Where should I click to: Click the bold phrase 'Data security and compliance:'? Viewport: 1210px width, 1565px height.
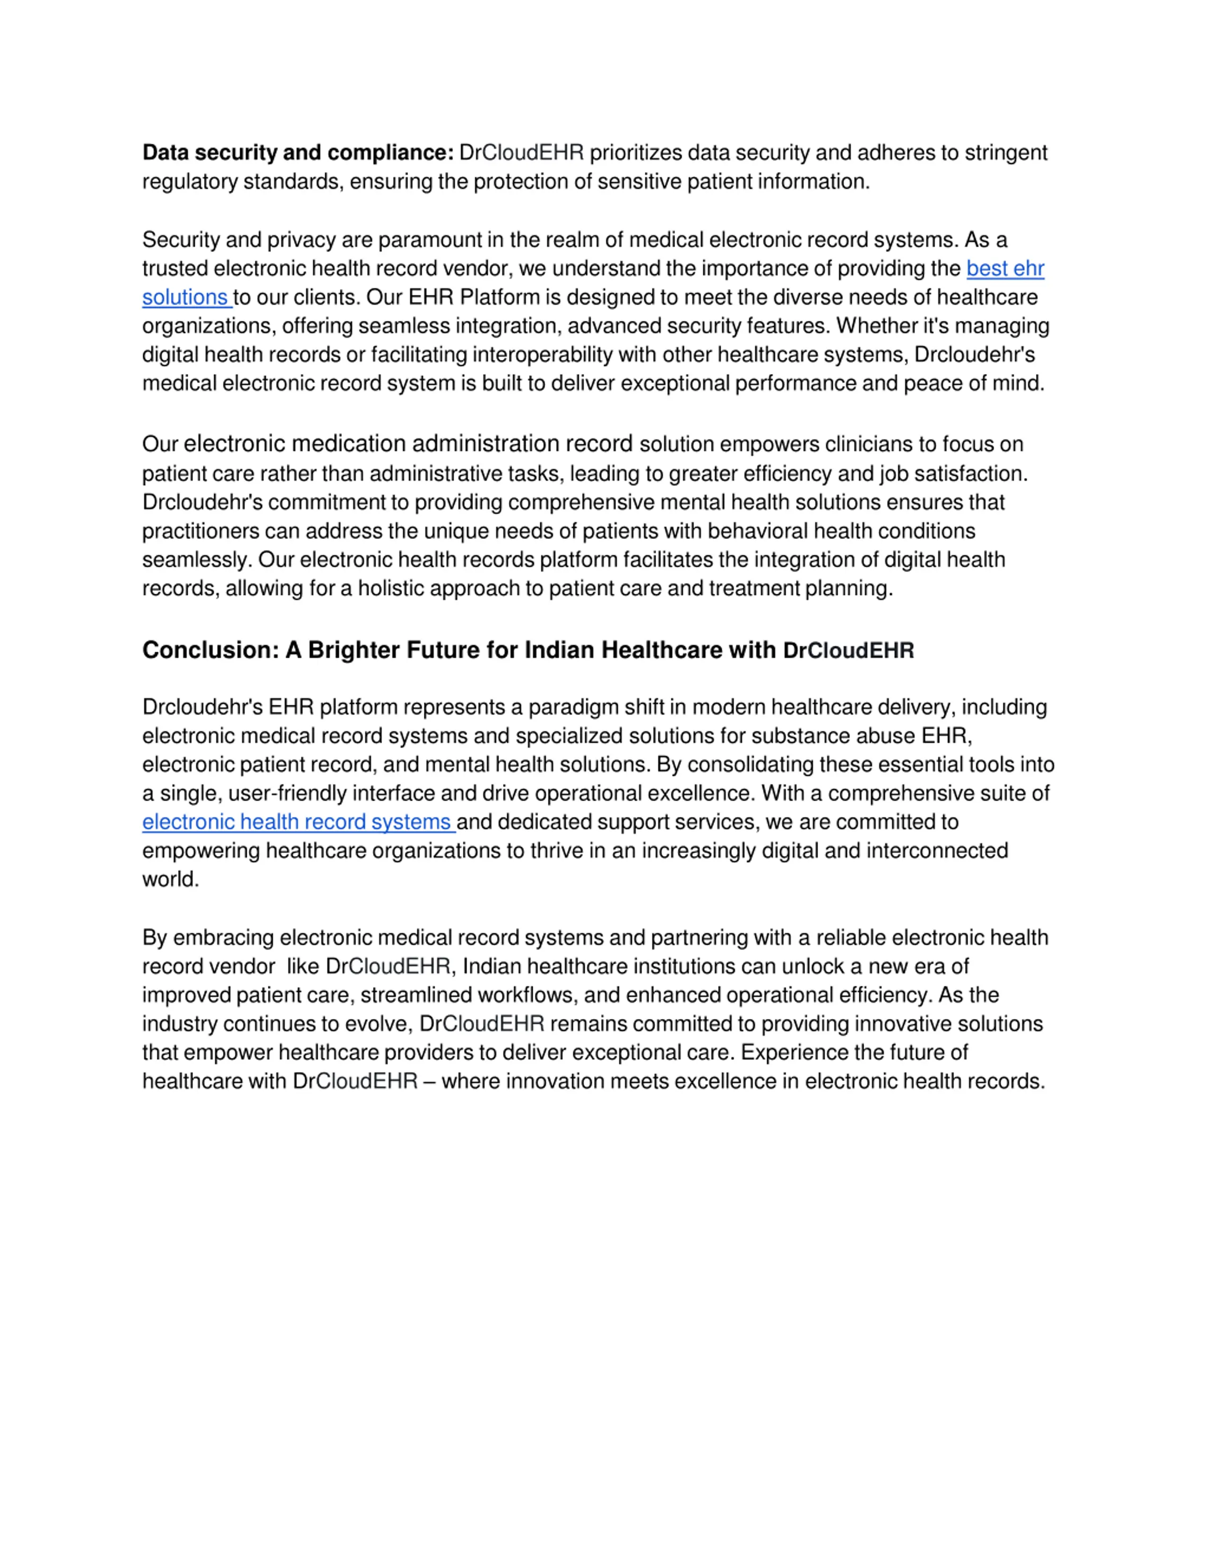(x=297, y=153)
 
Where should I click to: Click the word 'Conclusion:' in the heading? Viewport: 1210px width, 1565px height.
(x=210, y=650)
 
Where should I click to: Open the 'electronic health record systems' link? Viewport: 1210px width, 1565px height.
(x=297, y=822)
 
